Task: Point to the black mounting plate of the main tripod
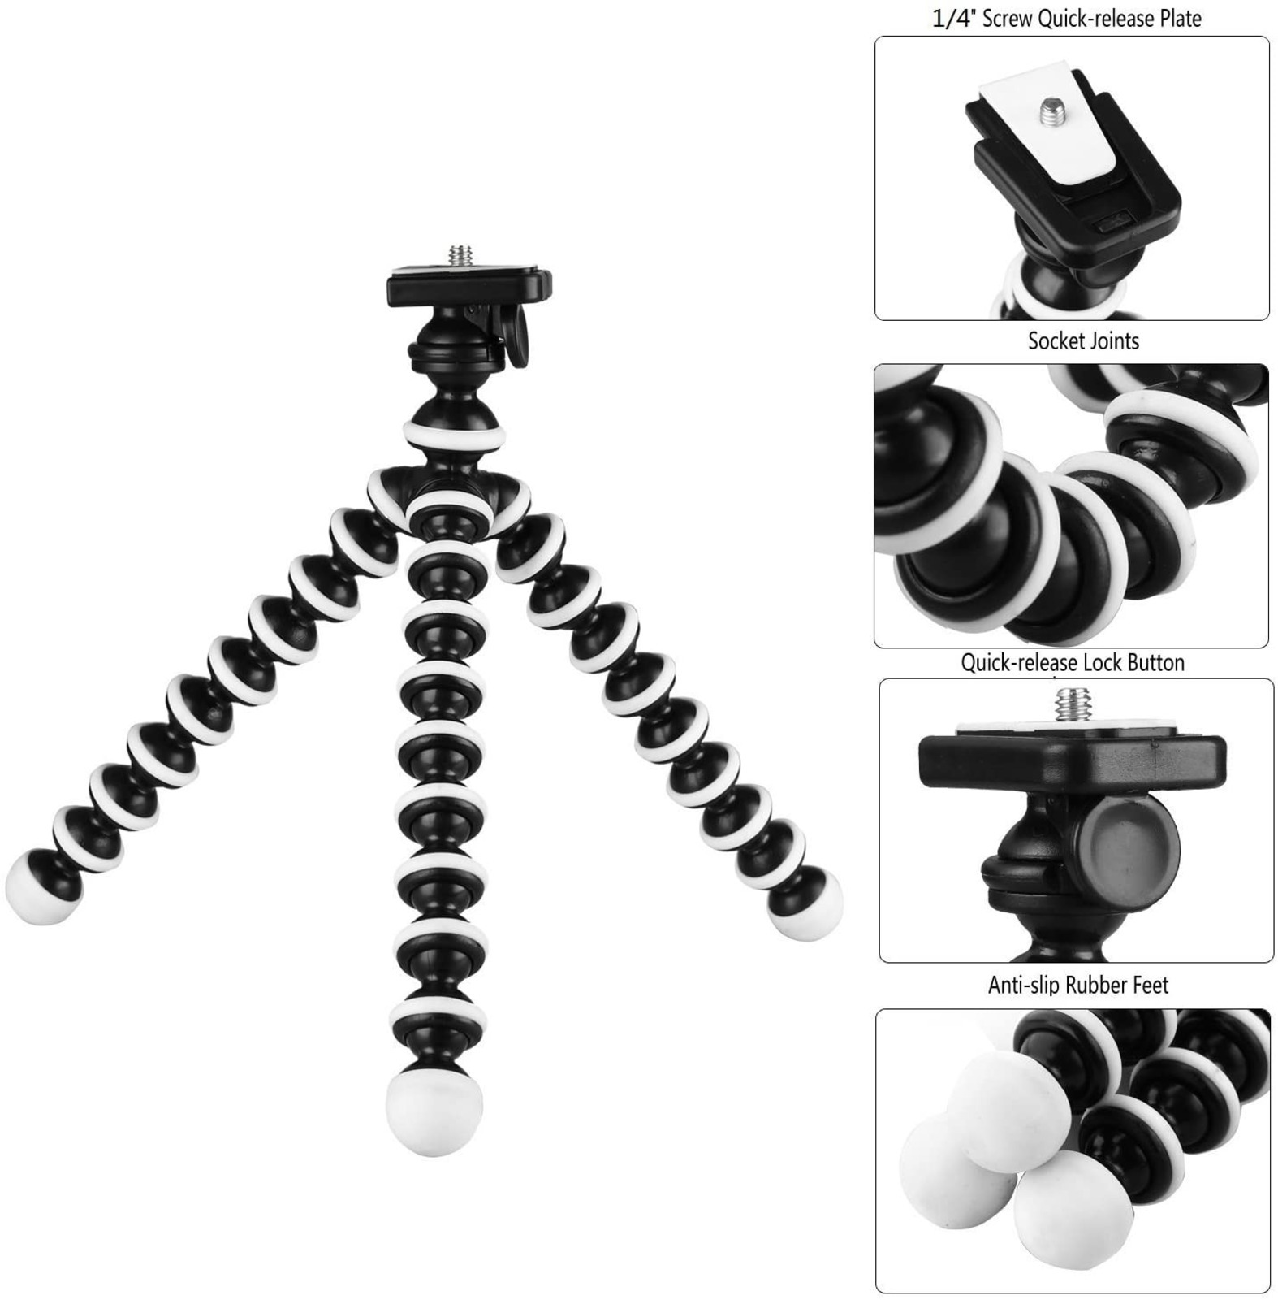[468, 285]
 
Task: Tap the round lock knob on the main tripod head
[517, 336]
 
